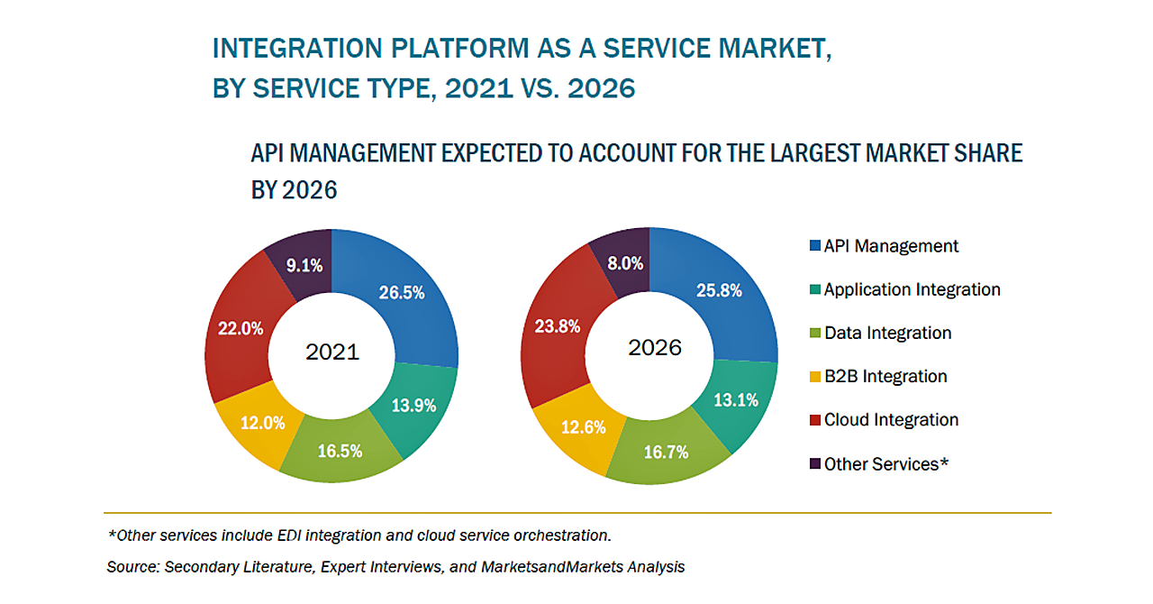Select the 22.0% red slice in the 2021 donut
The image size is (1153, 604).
tap(241, 329)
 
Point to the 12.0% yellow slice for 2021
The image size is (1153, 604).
tap(262, 422)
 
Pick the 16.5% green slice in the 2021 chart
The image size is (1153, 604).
tap(340, 451)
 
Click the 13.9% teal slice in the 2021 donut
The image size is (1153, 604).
tap(413, 405)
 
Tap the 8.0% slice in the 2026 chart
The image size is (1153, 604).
tap(624, 263)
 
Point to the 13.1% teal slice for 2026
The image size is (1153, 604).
tap(735, 399)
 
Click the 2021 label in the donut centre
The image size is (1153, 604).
tap(332, 352)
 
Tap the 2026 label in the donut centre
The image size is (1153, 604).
tap(655, 348)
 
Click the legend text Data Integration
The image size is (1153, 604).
tap(887, 333)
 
